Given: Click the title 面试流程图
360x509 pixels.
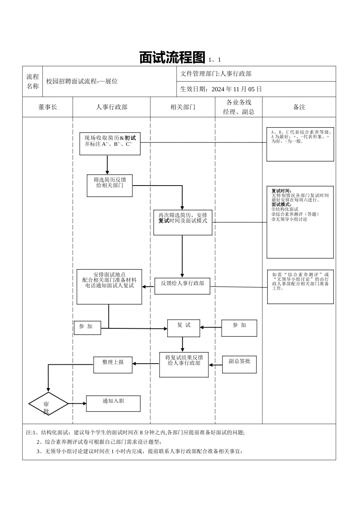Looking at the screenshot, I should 172,58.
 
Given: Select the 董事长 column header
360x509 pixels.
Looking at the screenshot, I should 48,107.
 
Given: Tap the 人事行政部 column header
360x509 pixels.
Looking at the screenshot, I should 111,107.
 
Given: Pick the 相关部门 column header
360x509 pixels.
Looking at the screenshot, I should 183,107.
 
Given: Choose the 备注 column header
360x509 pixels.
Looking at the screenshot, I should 299,107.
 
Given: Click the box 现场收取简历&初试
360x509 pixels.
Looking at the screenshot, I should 110,144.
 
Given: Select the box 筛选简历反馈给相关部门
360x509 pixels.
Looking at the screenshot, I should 110,186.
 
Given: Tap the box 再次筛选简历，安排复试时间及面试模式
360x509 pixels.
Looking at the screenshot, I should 183,222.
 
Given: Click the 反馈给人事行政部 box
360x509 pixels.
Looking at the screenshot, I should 182,286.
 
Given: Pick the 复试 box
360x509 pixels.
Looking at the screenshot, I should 183,328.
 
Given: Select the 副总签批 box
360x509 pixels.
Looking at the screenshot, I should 239,364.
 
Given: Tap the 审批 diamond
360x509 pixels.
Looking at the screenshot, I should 48,404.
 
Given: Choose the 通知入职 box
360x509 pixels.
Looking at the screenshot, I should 113,404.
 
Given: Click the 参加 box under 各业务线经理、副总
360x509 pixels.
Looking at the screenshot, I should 239,328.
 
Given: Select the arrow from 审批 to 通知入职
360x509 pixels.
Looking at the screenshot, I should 77,404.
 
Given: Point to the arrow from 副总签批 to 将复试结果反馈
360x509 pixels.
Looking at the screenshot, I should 215,365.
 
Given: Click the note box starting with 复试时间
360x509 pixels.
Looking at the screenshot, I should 300,222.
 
